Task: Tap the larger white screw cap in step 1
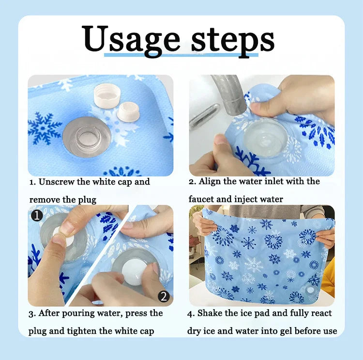point(107,95)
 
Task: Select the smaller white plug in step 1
point(128,112)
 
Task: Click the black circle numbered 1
point(37,216)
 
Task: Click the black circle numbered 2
point(164,296)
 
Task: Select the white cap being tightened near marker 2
point(132,274)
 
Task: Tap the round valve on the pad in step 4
point(309,290)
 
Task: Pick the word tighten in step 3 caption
point(82,331)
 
